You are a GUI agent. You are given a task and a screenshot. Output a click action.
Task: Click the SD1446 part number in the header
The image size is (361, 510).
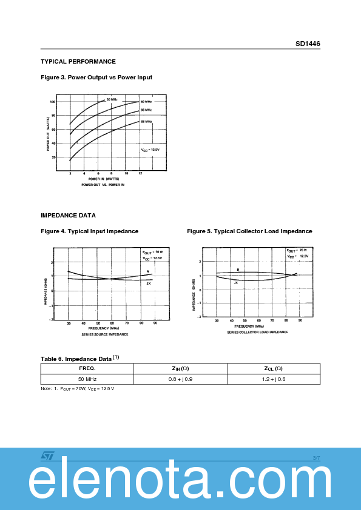[x=308, y=44]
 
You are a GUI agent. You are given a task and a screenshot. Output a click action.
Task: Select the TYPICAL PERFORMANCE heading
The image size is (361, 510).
[x=78, y=62]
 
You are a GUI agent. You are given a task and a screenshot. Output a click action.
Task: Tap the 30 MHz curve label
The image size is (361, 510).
[x=112, y=99]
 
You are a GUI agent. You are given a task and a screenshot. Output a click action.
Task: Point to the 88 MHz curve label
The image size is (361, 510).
[x=146, y=122]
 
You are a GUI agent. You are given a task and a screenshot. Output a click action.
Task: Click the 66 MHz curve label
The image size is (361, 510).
[x=146, y=110]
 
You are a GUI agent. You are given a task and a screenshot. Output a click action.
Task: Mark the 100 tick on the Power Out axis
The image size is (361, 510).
[x=53, y=102]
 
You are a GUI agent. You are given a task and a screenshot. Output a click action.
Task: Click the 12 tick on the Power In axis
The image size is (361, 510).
[x=140, y=173]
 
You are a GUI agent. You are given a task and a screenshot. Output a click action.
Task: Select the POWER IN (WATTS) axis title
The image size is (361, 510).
[x=104, y=179]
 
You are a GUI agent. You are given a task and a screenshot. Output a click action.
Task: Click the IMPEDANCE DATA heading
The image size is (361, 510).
[x=68, y=215]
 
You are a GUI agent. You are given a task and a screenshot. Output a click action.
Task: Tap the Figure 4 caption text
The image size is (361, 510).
[x=89, y=231]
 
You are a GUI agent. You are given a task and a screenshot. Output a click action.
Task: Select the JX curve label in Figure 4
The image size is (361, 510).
[x=149, y=283]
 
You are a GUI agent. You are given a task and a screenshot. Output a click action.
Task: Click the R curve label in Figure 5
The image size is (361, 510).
[x=238, y=270]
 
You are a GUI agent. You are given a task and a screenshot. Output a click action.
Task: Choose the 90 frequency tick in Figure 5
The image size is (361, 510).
[x=300, y=320]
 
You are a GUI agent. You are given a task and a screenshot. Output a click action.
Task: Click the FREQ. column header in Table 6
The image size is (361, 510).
[x=87, y=368]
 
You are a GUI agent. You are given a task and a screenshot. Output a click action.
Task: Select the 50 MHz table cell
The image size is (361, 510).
[x=87, y=379]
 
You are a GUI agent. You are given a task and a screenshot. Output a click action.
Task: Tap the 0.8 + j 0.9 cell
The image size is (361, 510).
[x=180, y=379]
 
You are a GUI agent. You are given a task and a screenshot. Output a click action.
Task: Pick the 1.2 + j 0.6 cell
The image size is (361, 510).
[x=274, y=379]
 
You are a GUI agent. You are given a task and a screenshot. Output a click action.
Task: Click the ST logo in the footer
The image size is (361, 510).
[x=48, y=455]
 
